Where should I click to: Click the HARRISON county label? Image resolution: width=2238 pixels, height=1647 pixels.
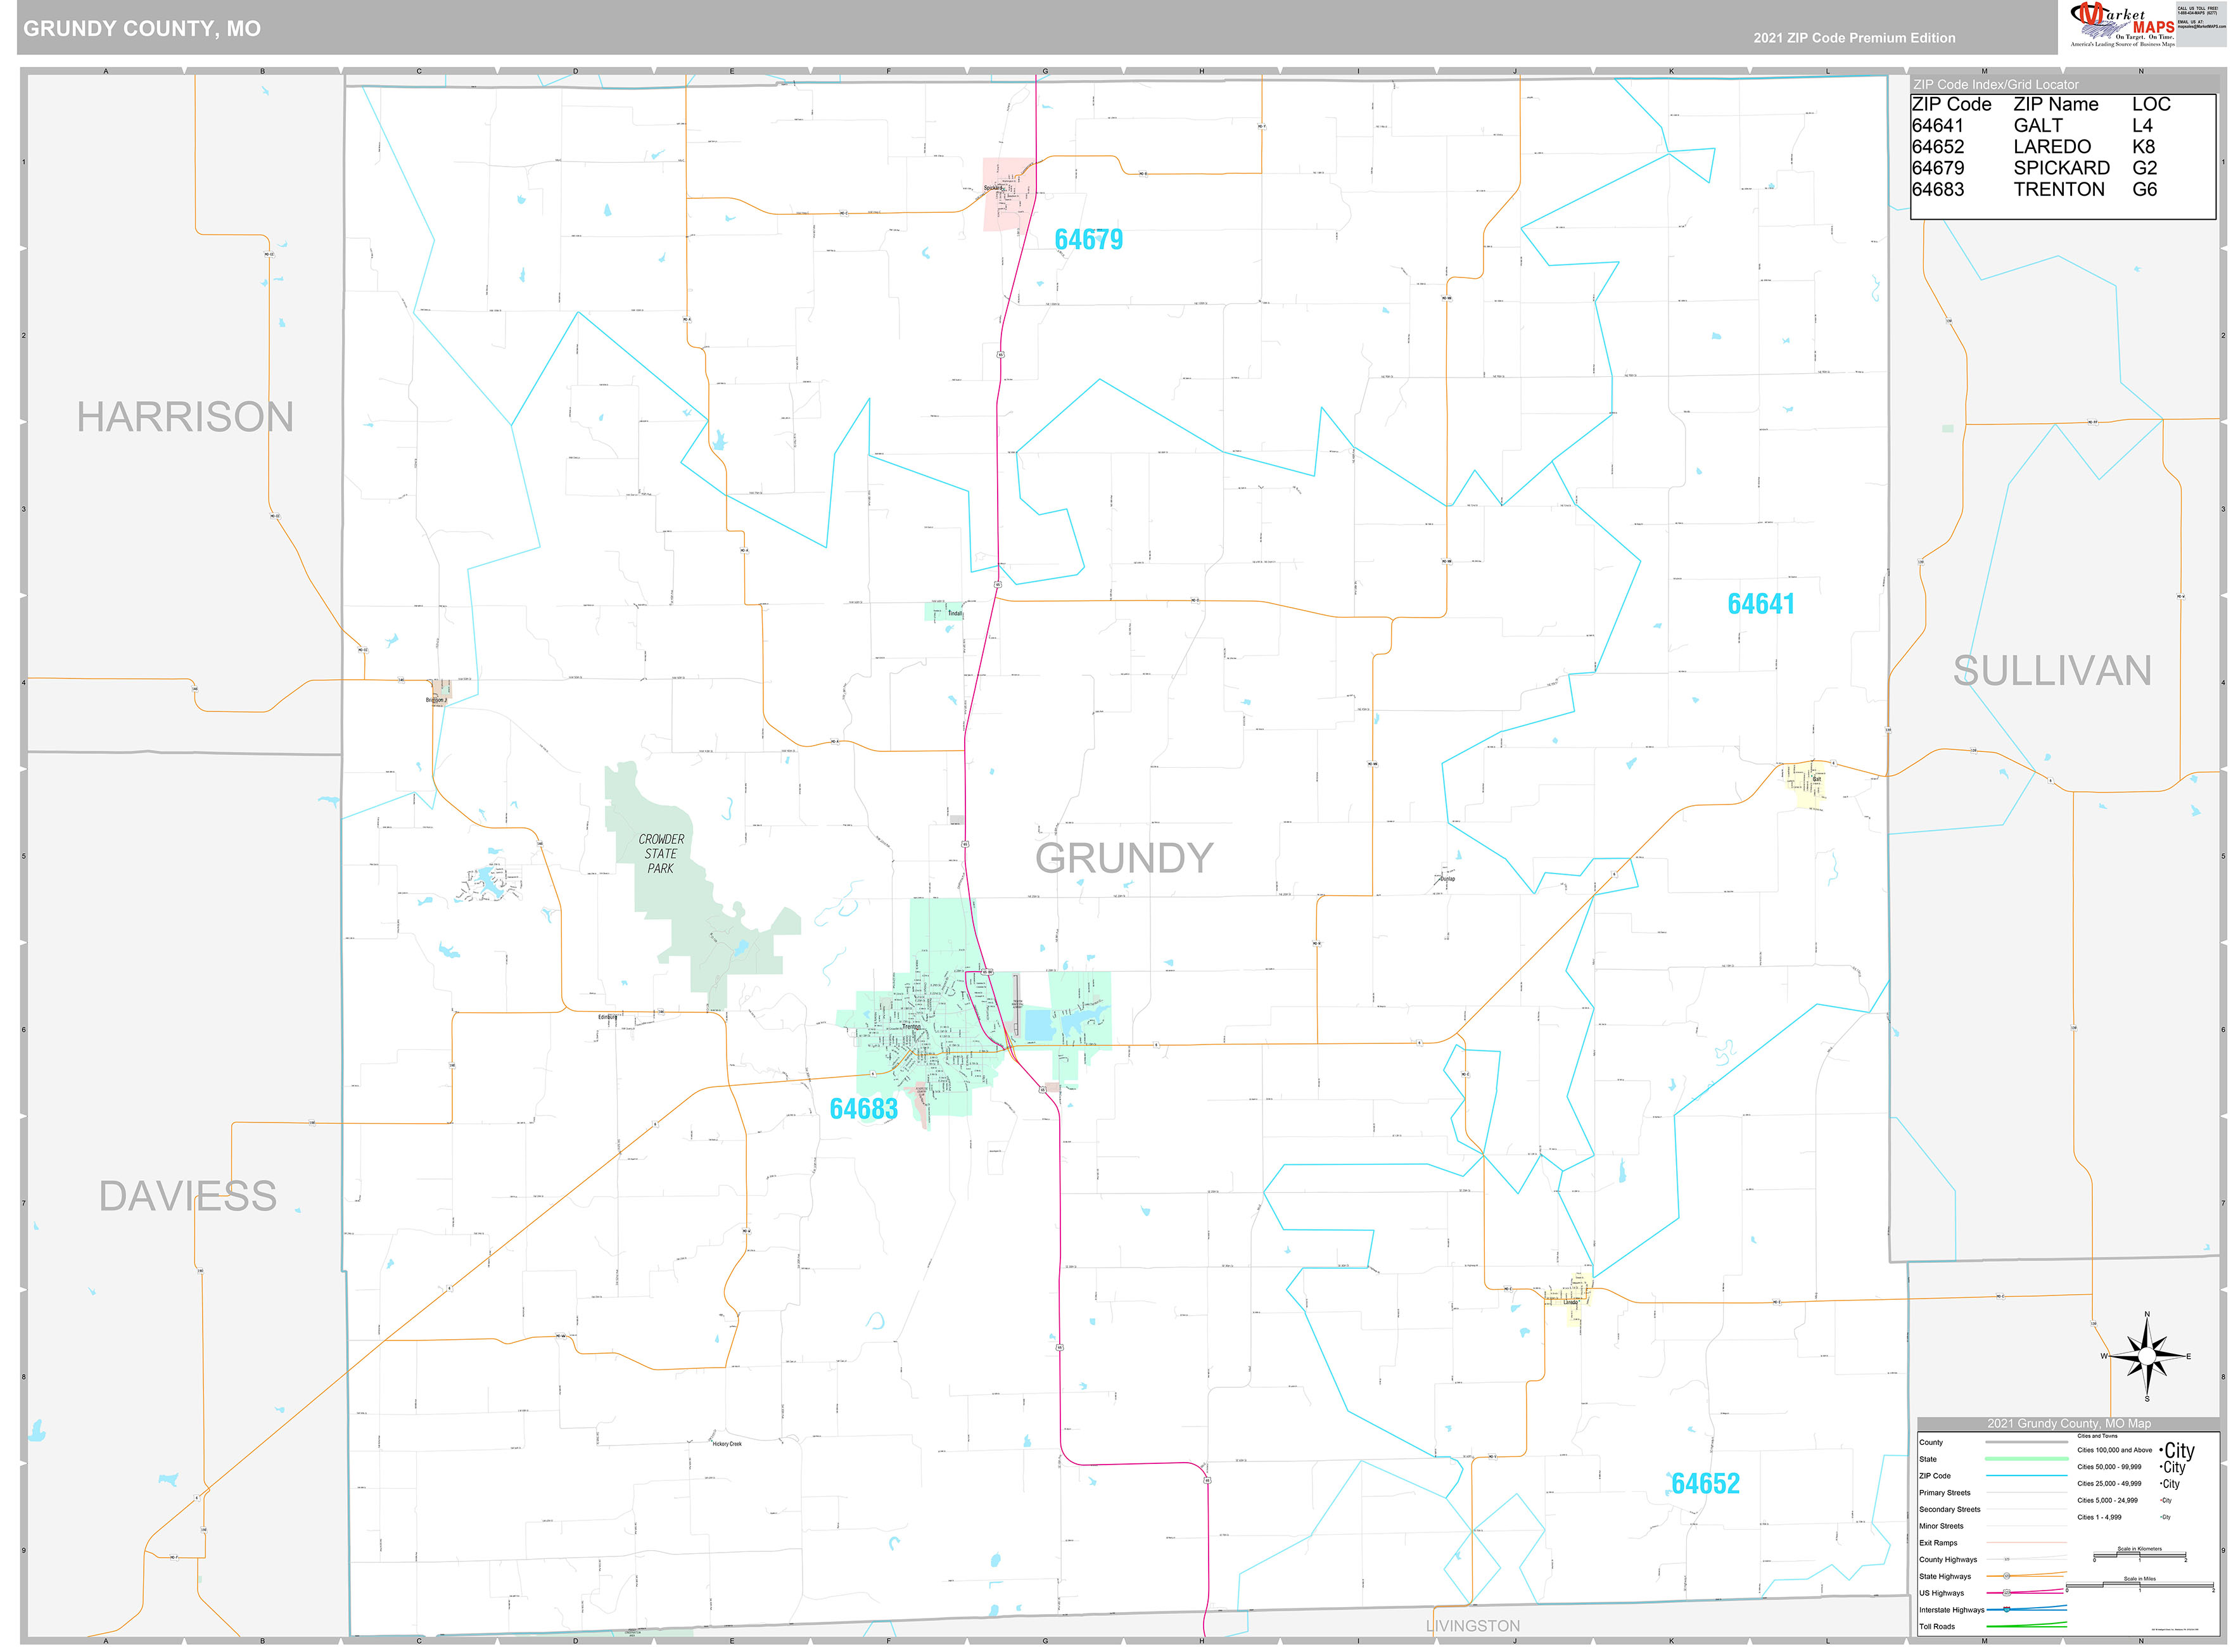[x=186, y=417]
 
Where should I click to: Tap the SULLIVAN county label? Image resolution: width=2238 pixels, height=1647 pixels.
[x=2052, y=671]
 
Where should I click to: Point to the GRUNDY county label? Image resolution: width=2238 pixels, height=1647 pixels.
[x=1124, y=858]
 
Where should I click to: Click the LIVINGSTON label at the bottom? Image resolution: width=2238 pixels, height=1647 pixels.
[x=1472, y=1626]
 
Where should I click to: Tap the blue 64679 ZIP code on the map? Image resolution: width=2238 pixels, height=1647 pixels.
[x=1089, y=240]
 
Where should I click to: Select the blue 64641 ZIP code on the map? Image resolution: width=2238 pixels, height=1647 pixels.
[x=1760, y=604]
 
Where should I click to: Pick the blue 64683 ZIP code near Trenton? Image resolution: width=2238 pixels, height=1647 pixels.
[x=863, y=1109]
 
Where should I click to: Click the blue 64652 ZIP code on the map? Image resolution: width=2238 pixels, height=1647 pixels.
[x=1705, y=1484]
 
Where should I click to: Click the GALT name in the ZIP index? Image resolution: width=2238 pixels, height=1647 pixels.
[x=2038, y=125]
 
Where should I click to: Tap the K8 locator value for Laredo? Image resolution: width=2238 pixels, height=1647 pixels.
[x=2143, y=146]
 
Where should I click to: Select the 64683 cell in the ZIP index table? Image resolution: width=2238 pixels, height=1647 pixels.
[x=1937, y=189]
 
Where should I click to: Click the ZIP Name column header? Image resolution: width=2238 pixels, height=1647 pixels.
[x=2056, y=105]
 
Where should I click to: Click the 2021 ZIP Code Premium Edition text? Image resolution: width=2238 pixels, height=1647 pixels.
[x=1854, y=38]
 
